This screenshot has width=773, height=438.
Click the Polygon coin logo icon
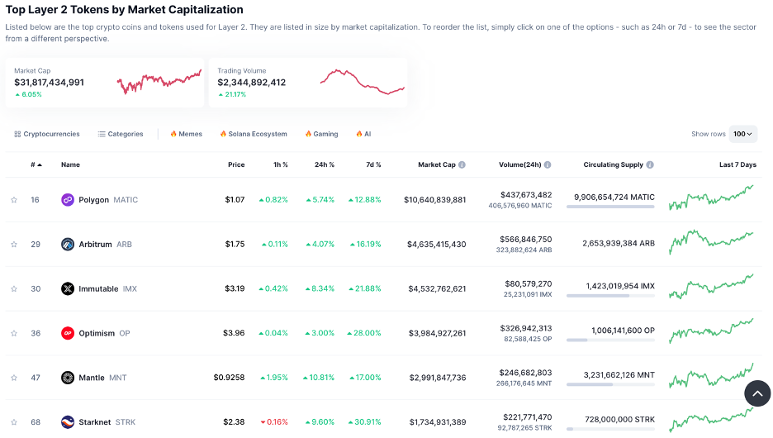point(68,200)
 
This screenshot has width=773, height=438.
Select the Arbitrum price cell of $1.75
point(235,245)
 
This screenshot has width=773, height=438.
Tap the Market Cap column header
point(436,164)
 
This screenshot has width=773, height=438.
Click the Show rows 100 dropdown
point(743,134)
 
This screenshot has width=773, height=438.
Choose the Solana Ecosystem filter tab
point(254,134)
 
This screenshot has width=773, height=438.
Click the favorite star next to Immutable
point(14,289)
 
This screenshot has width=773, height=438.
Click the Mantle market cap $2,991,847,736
point(437,378)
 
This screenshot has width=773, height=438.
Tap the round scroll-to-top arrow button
point(756,394)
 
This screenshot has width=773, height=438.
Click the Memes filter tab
point(186,134)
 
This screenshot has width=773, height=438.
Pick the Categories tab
point(121,134)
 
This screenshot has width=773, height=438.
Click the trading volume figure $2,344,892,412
point(251,83)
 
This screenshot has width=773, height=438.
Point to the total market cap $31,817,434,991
point(49,83)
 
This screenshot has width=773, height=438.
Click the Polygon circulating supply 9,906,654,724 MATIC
point(614,198)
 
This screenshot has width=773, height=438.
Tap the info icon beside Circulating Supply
point(650,165)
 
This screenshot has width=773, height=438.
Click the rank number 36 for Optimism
point(36,334)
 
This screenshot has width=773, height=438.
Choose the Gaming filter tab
point(321,134)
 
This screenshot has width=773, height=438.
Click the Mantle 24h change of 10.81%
point(320,378)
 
